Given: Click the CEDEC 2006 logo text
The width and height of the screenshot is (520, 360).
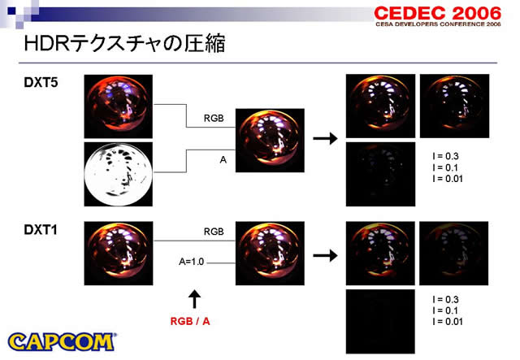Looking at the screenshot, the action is point(437,14).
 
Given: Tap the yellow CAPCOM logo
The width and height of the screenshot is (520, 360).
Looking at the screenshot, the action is point(62,342).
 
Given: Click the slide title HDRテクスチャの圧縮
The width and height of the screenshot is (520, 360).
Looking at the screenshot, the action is point(124,44).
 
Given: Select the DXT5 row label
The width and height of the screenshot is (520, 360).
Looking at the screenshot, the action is point(41,82).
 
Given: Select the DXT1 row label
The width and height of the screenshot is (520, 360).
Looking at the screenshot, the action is point(41,230).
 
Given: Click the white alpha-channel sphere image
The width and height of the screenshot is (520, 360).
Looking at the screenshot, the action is point(119,174).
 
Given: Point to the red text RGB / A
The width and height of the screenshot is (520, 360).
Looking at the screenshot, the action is point(190,321).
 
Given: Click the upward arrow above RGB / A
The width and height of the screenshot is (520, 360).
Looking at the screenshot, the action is point(195,299).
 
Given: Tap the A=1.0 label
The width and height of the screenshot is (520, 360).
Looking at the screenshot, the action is point(192,262).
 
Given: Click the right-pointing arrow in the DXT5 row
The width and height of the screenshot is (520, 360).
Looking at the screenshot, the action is point(325,138).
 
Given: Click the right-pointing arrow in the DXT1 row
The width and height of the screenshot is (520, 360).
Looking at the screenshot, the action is point(325,255).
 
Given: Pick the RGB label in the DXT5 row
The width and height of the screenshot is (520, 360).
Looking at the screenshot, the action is point(214,118).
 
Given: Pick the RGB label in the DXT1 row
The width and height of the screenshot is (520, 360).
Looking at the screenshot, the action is point(214,232).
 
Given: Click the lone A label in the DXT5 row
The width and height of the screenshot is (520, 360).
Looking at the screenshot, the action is point(223,160).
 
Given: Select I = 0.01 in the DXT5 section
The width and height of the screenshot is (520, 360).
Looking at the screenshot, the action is point(448,179).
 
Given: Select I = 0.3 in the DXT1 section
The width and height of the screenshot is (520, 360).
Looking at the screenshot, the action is point(445,300).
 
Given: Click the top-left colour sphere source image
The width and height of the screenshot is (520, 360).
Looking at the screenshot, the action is point(119,106).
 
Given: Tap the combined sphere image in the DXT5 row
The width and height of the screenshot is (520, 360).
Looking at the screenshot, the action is point(270,141).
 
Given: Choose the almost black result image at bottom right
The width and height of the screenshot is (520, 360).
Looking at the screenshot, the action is point(380,321).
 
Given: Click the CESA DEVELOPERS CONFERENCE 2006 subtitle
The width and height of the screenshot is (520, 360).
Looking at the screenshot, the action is point(438,24).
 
